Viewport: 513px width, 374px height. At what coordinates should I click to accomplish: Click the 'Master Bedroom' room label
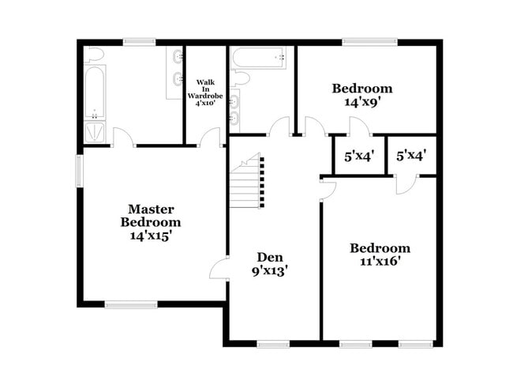click(151, 215)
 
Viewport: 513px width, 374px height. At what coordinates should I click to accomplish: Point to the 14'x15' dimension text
click(151, 235)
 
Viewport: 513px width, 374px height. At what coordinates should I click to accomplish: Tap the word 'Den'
click(269, 257)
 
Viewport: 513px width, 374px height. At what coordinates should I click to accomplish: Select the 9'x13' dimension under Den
click(269, 270)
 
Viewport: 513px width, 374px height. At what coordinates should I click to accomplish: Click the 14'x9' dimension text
click(361, 102)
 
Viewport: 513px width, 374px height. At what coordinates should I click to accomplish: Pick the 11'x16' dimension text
click(380, 262)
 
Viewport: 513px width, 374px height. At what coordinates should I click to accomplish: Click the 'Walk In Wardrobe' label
click(205, 92)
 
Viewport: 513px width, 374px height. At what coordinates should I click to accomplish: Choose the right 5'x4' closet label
click(411, 157)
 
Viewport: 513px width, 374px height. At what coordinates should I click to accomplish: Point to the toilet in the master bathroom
click(94, 55)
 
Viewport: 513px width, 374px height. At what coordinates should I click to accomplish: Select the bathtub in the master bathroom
click(94, 93)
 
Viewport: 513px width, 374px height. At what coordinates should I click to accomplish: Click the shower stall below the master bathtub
click(95, 132)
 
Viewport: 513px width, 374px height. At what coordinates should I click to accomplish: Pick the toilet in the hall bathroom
click(241, 77)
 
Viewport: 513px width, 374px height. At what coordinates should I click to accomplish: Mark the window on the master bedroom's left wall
click(79, 171)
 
